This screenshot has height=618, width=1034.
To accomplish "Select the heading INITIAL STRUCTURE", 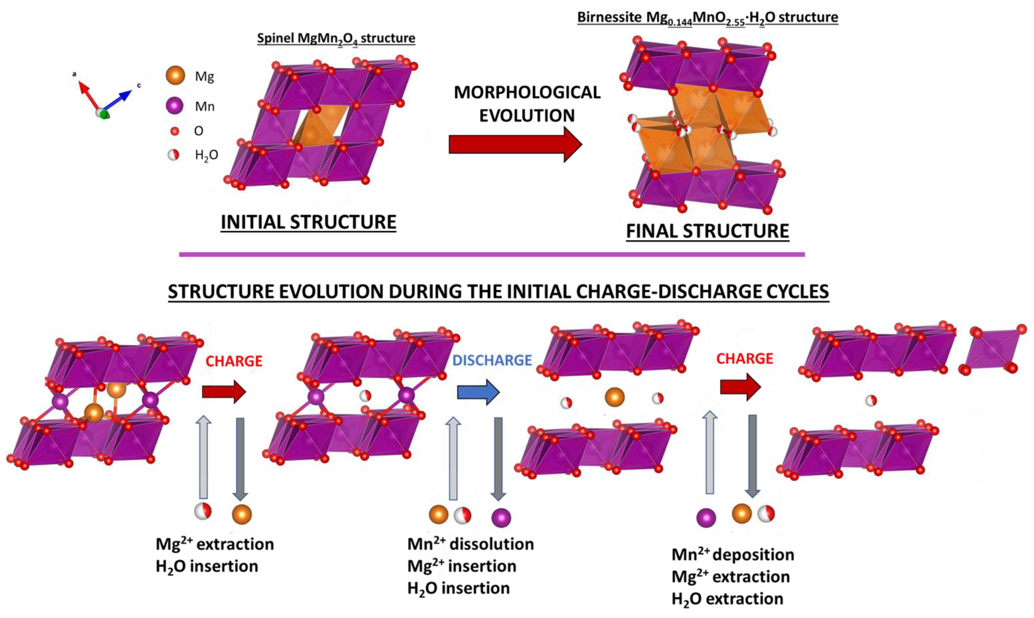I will coord(308,222).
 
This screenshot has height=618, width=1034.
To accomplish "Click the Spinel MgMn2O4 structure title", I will coord(336,38).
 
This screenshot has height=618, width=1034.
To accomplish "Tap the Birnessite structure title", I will coord(707,18).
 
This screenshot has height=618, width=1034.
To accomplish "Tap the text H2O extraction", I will coord(727,599).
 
